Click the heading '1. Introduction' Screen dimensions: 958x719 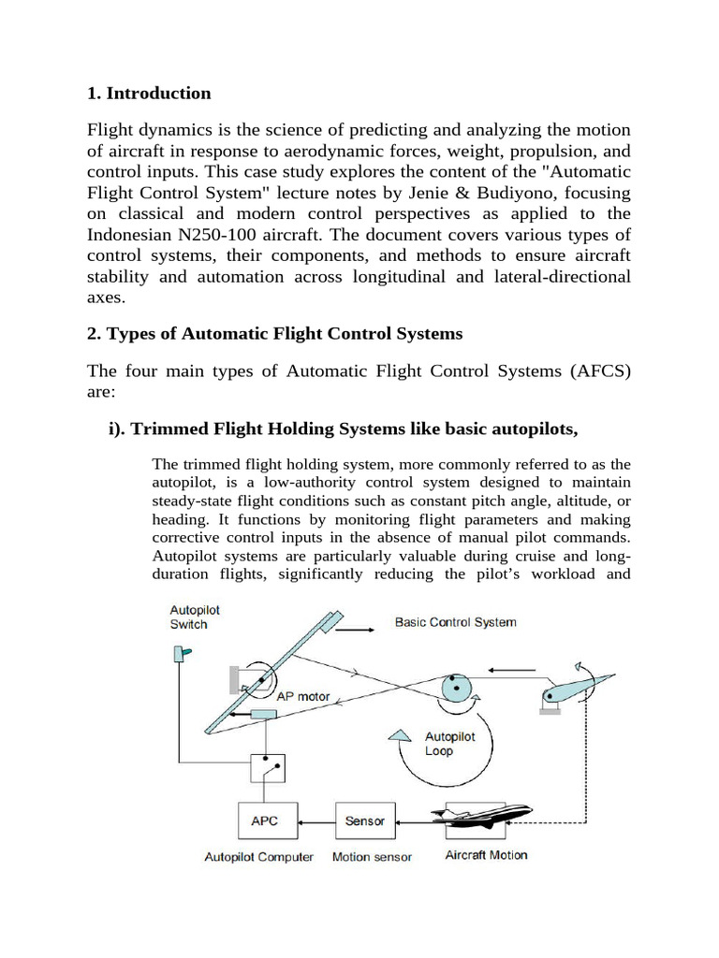[149, 94]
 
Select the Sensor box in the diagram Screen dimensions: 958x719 [364, 821]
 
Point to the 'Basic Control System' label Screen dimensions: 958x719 [455, 622]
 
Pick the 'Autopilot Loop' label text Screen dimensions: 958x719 [450, 744]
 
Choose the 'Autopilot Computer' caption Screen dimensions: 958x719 [259, 856]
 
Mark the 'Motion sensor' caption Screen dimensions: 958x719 [372, 856]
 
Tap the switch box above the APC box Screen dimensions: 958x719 [268, 769]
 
